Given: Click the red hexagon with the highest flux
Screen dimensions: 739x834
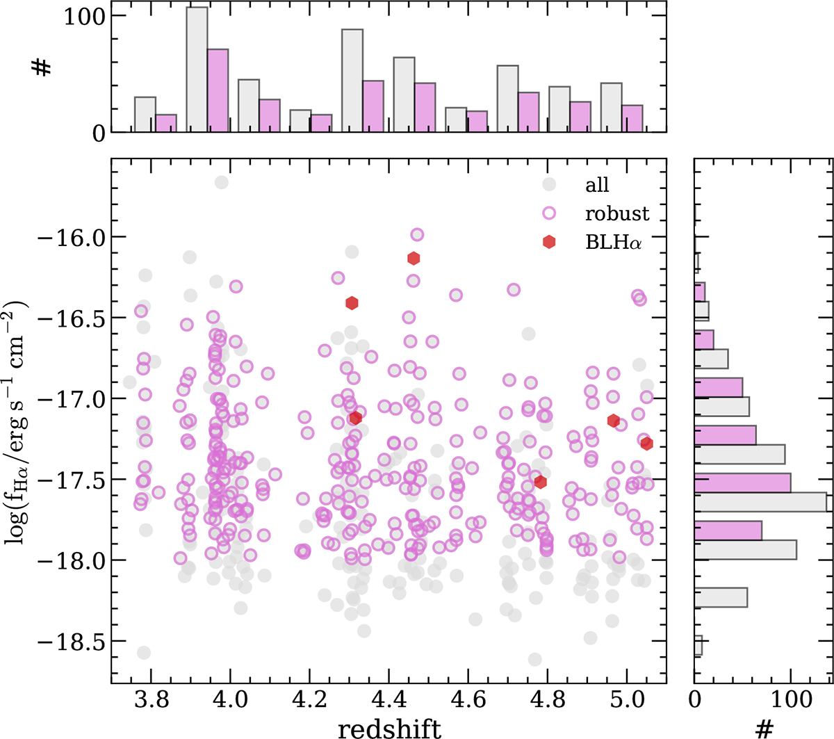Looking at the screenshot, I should click(414, 259).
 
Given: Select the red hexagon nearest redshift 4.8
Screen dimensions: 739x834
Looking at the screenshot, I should click(540, 482).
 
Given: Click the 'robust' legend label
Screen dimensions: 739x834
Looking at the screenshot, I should click(616, 213).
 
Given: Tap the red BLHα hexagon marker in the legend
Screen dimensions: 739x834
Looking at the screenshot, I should click(549, 242).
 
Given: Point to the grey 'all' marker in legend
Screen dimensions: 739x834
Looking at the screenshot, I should click(549, 184).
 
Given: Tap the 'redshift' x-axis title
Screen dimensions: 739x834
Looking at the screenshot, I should click(389, 727).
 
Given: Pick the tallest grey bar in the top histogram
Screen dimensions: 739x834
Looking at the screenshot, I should click(197, 70).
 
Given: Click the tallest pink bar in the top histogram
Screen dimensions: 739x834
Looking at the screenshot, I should click(218, 90).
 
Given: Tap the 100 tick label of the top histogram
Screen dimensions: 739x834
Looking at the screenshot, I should click(85, 16).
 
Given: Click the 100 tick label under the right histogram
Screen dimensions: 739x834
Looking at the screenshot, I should click(791, 699).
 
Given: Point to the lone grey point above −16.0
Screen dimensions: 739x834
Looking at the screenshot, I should click(222, 182).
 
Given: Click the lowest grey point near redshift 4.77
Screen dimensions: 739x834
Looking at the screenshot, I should click(535, 659).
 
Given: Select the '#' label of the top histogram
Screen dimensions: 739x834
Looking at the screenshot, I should click(43, 67).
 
